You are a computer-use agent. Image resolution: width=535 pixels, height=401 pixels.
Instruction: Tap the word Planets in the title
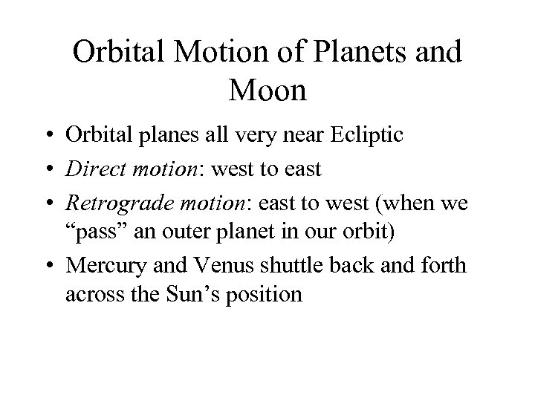pos(355,53)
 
